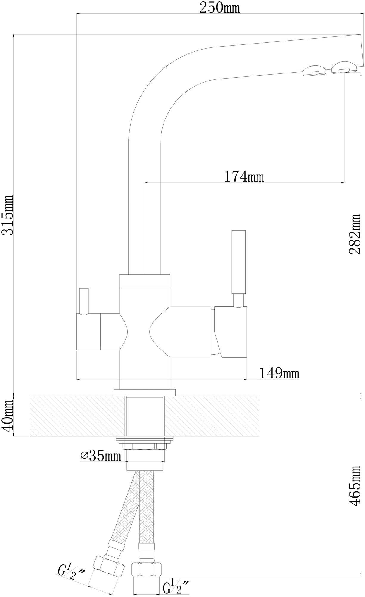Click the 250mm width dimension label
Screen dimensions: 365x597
[220, 8]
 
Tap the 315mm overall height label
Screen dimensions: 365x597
[8, 215]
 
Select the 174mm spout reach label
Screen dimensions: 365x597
[244, 177]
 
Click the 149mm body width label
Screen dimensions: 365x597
[279, 373]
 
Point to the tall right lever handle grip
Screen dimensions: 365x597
[239, 262]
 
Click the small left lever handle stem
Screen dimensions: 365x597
[84, 301]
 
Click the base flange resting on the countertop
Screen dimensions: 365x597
[145, 393]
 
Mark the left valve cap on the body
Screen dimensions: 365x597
[88, 332]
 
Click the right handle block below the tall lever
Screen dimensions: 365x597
[231, 331]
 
